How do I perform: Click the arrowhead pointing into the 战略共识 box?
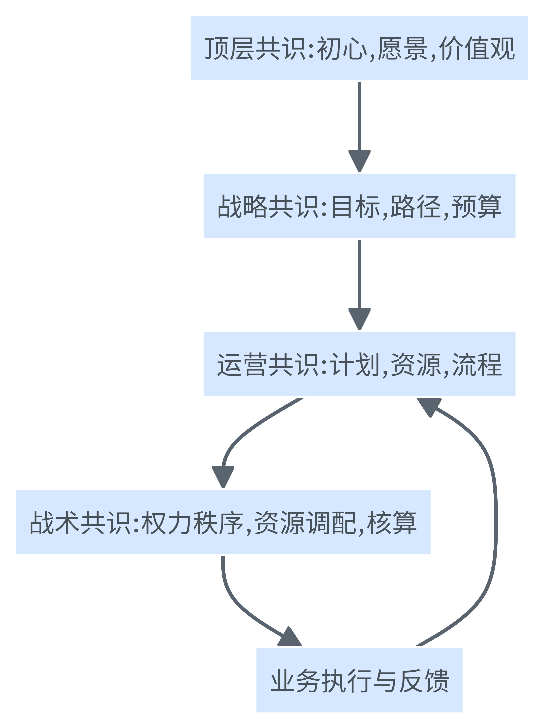point(359,160)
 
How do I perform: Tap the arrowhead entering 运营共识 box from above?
point(359,318)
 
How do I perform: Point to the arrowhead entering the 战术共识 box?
point(223,476)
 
